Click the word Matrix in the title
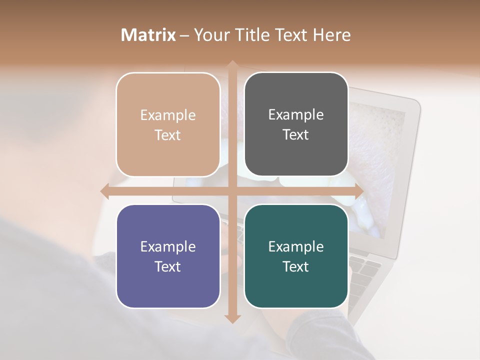(148, 35)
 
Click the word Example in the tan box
(168, 115)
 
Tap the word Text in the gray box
(296, 135)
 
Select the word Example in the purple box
(168, 246)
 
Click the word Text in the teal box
(296, 266)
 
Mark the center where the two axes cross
(232, 191)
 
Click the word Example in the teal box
(296, 246)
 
